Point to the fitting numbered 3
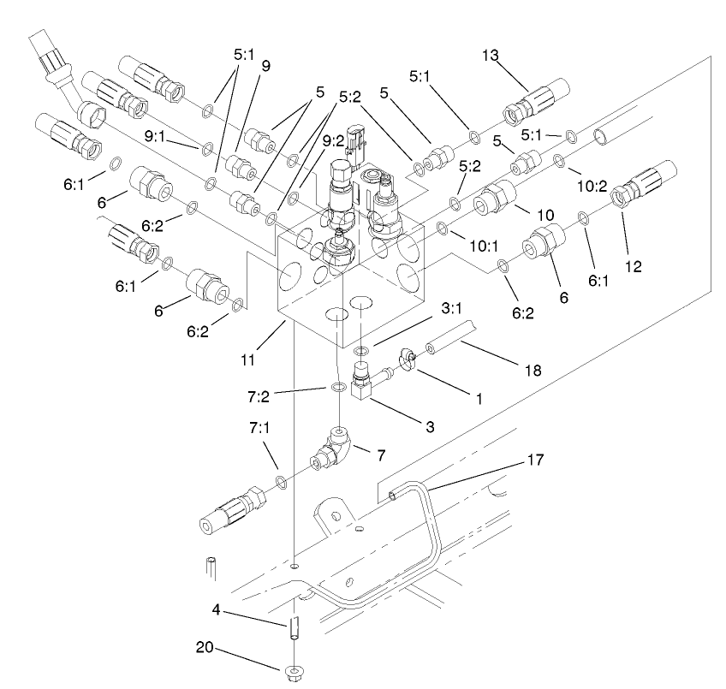[x=364, y=382]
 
